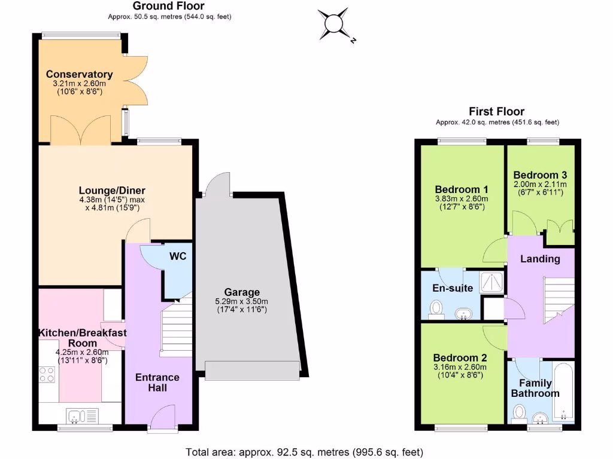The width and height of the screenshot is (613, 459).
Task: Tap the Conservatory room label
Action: tap(80, 75)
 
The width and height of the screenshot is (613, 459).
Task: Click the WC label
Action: tap(178, 256)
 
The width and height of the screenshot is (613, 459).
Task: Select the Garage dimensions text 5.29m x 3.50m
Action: tap(242, 301)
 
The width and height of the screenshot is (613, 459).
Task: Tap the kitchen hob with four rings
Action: tap(48, 375)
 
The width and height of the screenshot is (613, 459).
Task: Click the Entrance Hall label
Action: tap(157, 382)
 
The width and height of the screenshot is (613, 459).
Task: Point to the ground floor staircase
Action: tap(175, 329)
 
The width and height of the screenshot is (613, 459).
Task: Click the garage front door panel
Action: tap(251, 371)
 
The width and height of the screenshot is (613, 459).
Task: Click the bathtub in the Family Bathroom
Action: tap(563, 393)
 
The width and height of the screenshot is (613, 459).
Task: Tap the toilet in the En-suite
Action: tap(436, 308)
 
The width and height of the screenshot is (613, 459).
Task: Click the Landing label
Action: tap(540, 259)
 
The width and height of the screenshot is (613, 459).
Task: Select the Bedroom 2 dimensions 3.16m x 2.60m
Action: tap(461, 367)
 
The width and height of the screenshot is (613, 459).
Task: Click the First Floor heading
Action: tap(496, 112)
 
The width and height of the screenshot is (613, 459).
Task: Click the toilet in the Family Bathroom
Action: tap(520, 412)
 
